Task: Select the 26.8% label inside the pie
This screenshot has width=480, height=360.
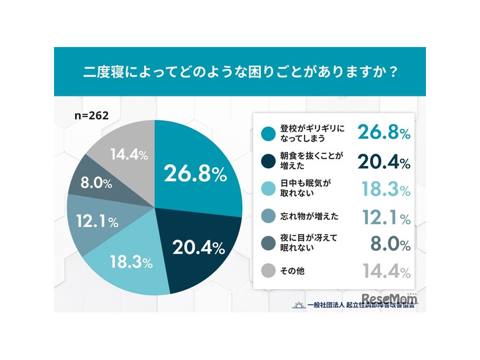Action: pos(195,174)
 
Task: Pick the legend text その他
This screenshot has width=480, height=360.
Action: pos(292,271)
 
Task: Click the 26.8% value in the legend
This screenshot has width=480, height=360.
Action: pos(384,132)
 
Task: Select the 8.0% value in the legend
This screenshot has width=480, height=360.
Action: pos(390,244)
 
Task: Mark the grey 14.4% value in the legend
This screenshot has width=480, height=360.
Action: pos(384,271)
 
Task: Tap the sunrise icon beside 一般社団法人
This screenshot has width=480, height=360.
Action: pos(299,304)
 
